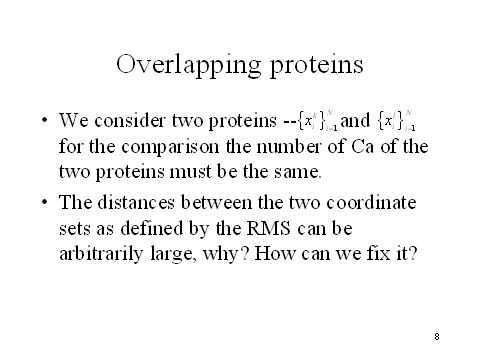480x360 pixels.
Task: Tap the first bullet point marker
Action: pos(43,120)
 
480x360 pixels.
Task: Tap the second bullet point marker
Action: pos(43,202)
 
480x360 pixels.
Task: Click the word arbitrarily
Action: pos(100,252)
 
